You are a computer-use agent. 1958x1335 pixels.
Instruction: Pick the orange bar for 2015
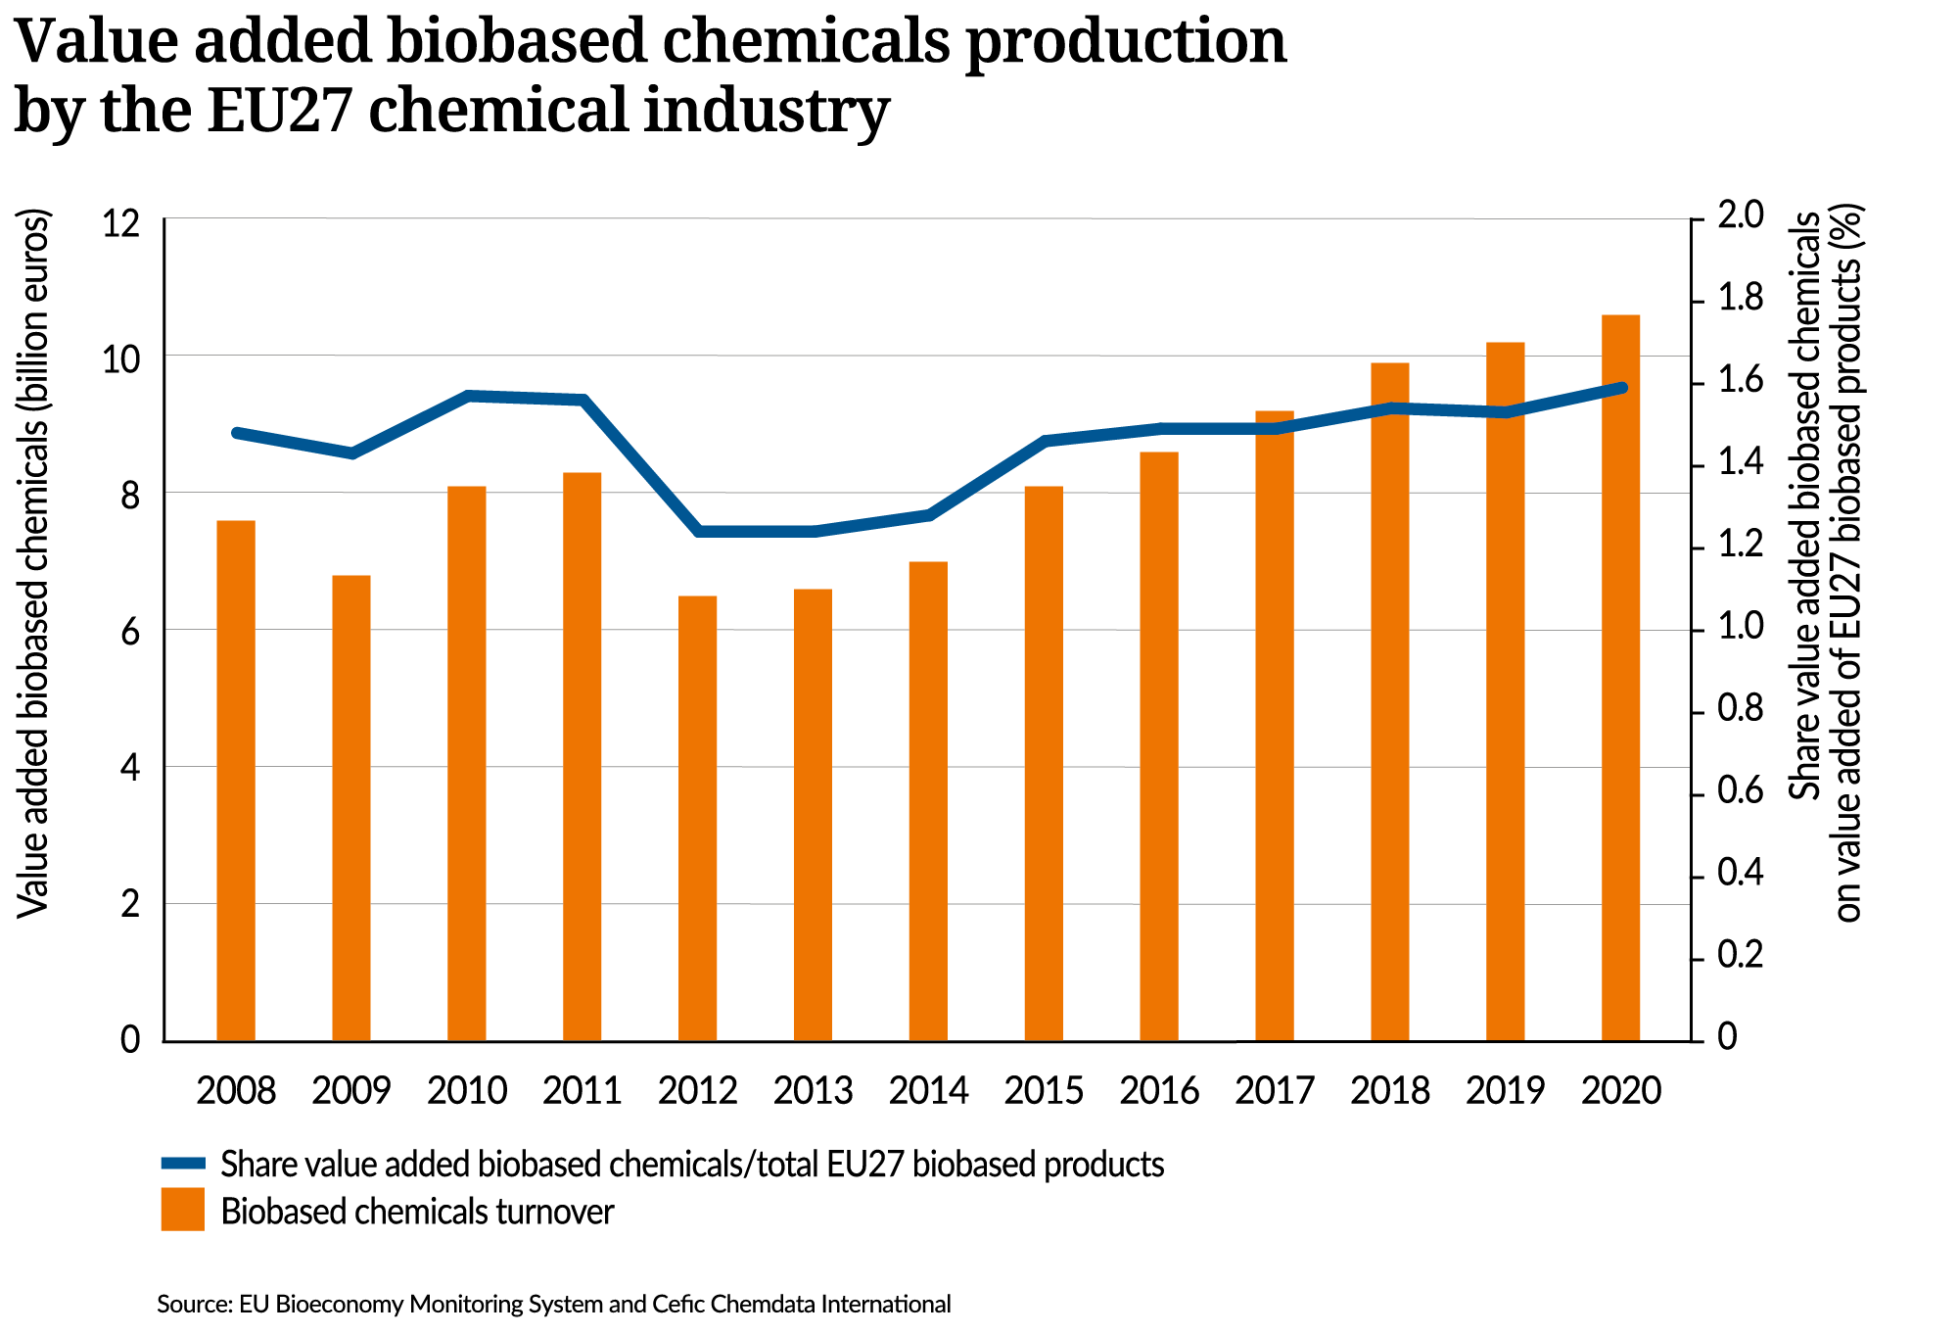click(1044, 764)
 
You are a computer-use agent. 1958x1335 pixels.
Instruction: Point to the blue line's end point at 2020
click(1621, 389)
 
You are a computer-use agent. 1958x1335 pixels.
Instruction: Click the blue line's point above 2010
click(468, 396)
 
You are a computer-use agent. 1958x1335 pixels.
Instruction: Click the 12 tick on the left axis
click(120, 222)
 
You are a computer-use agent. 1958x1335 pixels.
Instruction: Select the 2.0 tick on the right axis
click(1741, 216)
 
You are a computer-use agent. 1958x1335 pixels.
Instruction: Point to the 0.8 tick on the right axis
click(1741, 709)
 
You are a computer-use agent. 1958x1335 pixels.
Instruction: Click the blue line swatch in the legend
click(184, 1164)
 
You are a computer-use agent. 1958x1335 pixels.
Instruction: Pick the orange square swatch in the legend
click(183, 1210)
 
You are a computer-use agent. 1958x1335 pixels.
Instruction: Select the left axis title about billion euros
click(33, 565)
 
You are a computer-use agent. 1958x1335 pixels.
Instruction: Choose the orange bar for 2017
click(1275, 726)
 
